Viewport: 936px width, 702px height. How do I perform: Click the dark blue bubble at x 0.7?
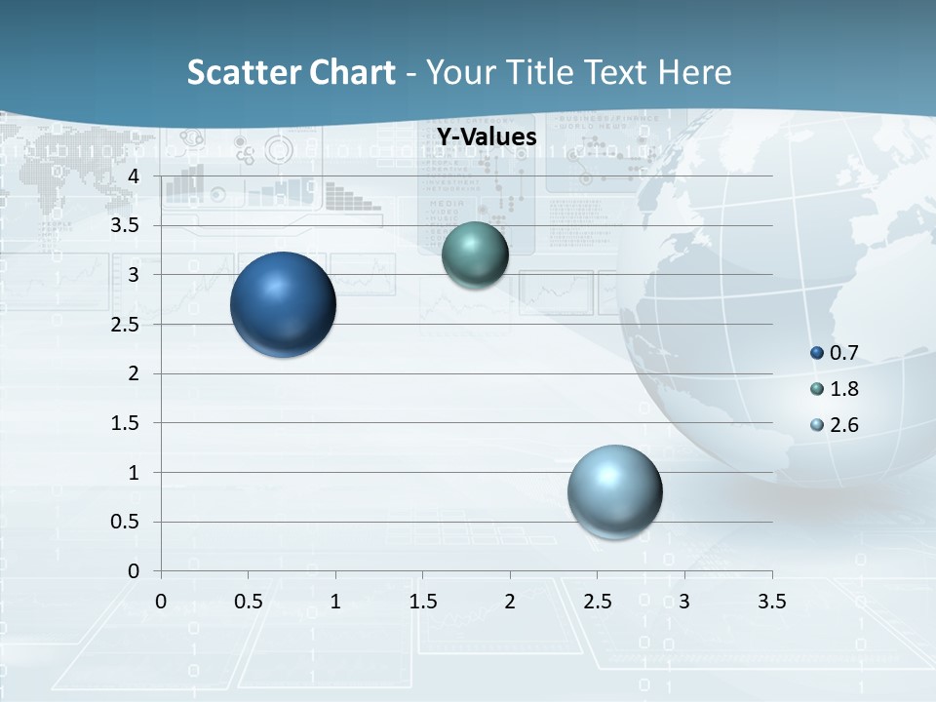(x=284, y=304)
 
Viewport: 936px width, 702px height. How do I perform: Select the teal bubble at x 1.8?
(x=475, y=254)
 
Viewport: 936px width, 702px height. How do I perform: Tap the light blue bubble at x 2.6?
(x=615, y=491)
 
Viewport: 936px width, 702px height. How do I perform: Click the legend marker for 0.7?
(x=817, y=353)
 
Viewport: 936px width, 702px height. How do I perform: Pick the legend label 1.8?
(x=843, y=389)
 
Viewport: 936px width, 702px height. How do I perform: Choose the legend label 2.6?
(x=843, y=425)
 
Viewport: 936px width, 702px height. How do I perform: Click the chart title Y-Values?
(x=487, y=137)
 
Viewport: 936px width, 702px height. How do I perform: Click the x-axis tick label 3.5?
(x=771, y=601)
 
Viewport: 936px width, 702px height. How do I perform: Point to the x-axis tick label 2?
(x=510, y=601)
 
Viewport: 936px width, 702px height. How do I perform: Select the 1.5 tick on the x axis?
(x=422, y=601)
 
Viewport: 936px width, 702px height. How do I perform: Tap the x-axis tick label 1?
(x=335, y=601)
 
